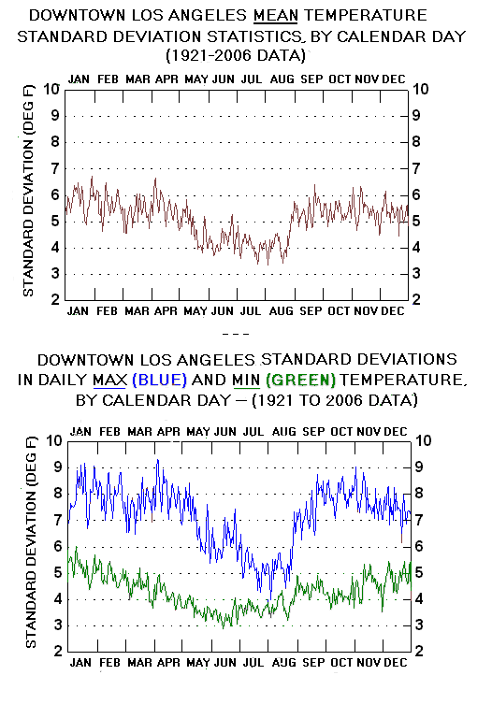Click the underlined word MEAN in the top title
click(275, 15)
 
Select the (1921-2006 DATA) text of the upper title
click(236, 56)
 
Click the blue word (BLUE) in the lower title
click(160, 380)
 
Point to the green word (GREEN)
click(300, 380)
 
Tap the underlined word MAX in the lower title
click(110, 381)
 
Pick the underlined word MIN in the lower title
click(246, 381)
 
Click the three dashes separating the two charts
click(236, 335)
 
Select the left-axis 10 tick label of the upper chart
click(51, 89)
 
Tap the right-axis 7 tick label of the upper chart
click(416, 168)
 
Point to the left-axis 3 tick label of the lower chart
click(58, 625)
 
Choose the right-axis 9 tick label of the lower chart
click(419, 467)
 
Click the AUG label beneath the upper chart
click(282, 310)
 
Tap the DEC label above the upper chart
click(394, 79)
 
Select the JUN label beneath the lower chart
click(225, 662)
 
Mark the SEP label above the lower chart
click(313, 432)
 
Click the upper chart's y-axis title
click(28, 194)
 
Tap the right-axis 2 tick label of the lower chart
click(419, 651)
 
